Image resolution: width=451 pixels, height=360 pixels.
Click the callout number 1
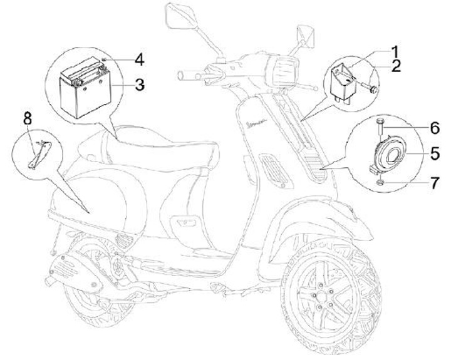(x=395, y=50)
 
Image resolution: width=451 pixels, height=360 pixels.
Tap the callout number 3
(x=140, y=84)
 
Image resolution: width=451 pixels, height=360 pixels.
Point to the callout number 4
(x=140, y=61)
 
